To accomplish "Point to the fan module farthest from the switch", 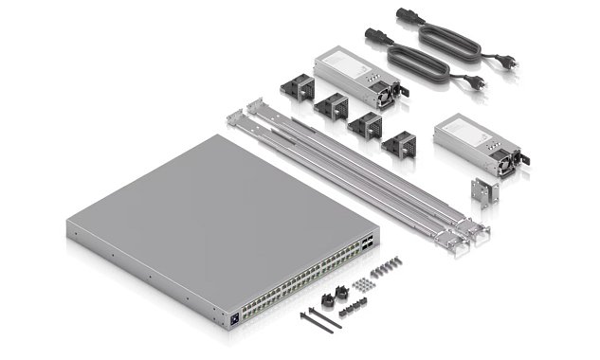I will pos(296,86).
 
